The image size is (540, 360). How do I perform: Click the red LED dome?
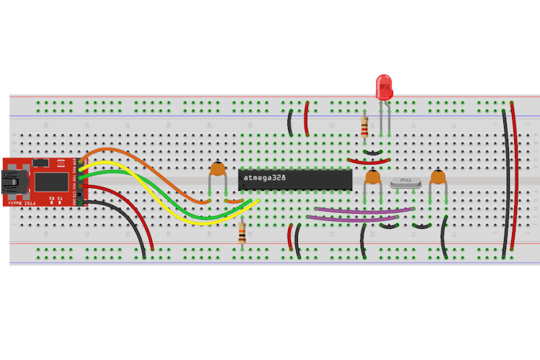[384, 86]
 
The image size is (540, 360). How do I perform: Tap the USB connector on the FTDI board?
[12, 181]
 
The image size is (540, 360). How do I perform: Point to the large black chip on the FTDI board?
[48, 181]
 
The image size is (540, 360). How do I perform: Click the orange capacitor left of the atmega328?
[217, 171]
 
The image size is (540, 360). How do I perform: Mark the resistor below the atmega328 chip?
[242, 232]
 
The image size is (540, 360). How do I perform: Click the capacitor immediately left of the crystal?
[373, 178]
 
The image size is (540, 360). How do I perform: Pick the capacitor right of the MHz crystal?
[437, 178]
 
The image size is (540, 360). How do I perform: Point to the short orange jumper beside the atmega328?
[233, 201]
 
